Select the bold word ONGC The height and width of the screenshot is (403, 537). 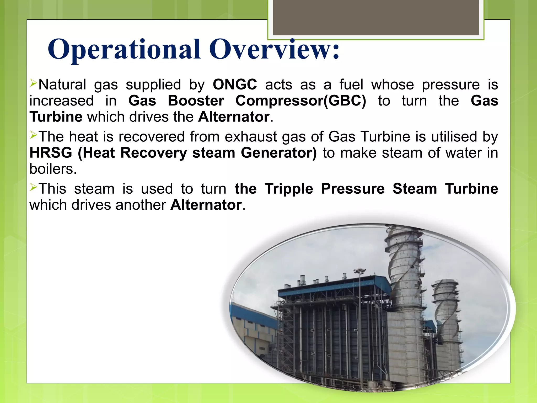(x=235, y=85)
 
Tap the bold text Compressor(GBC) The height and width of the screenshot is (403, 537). (x=300, y=101)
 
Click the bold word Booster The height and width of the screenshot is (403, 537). (x=196, y=101)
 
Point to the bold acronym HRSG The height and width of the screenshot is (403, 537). (x=51, y=153)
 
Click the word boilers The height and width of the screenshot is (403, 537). (x=53, y=169)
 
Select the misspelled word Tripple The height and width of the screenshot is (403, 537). (x=289, y=189)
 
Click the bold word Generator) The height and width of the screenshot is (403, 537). (x=279, y=153)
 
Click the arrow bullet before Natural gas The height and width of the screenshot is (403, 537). (x=33, y=83)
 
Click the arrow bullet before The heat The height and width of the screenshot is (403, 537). (x=33, y=135)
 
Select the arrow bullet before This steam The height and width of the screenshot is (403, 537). (x=33, y=187)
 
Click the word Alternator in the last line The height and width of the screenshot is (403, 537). (x=206, y=205)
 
